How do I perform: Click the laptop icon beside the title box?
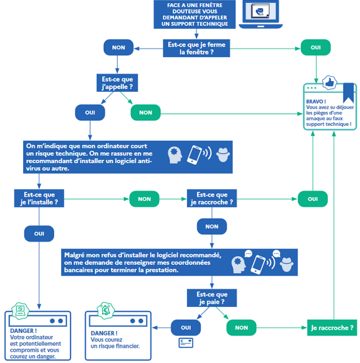[261, 14]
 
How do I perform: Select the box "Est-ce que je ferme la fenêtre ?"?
[196, 48]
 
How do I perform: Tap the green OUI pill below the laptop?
[315, 47]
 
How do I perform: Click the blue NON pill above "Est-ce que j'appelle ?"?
[118, 47]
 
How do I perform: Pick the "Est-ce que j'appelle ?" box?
[117, 83]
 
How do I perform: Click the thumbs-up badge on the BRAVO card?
[329, 82]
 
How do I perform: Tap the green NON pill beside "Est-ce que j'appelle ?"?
[145, 113]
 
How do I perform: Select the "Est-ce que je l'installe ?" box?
[39, 198]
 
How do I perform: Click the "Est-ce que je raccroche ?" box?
[211, 198]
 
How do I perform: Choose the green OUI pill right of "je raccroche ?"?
[313, 199]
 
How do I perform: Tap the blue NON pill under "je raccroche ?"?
[211, 226]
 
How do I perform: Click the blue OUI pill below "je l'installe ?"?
[39, 233]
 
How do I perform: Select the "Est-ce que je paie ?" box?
[211, 298]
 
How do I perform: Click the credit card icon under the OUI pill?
[186, 343]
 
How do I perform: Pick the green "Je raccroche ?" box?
[332, 328]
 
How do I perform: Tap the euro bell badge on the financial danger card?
[106, 310]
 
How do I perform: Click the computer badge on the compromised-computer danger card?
[20, 311]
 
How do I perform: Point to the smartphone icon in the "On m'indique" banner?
[194, 155]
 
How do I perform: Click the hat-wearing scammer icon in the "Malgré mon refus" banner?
[287, 264]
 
